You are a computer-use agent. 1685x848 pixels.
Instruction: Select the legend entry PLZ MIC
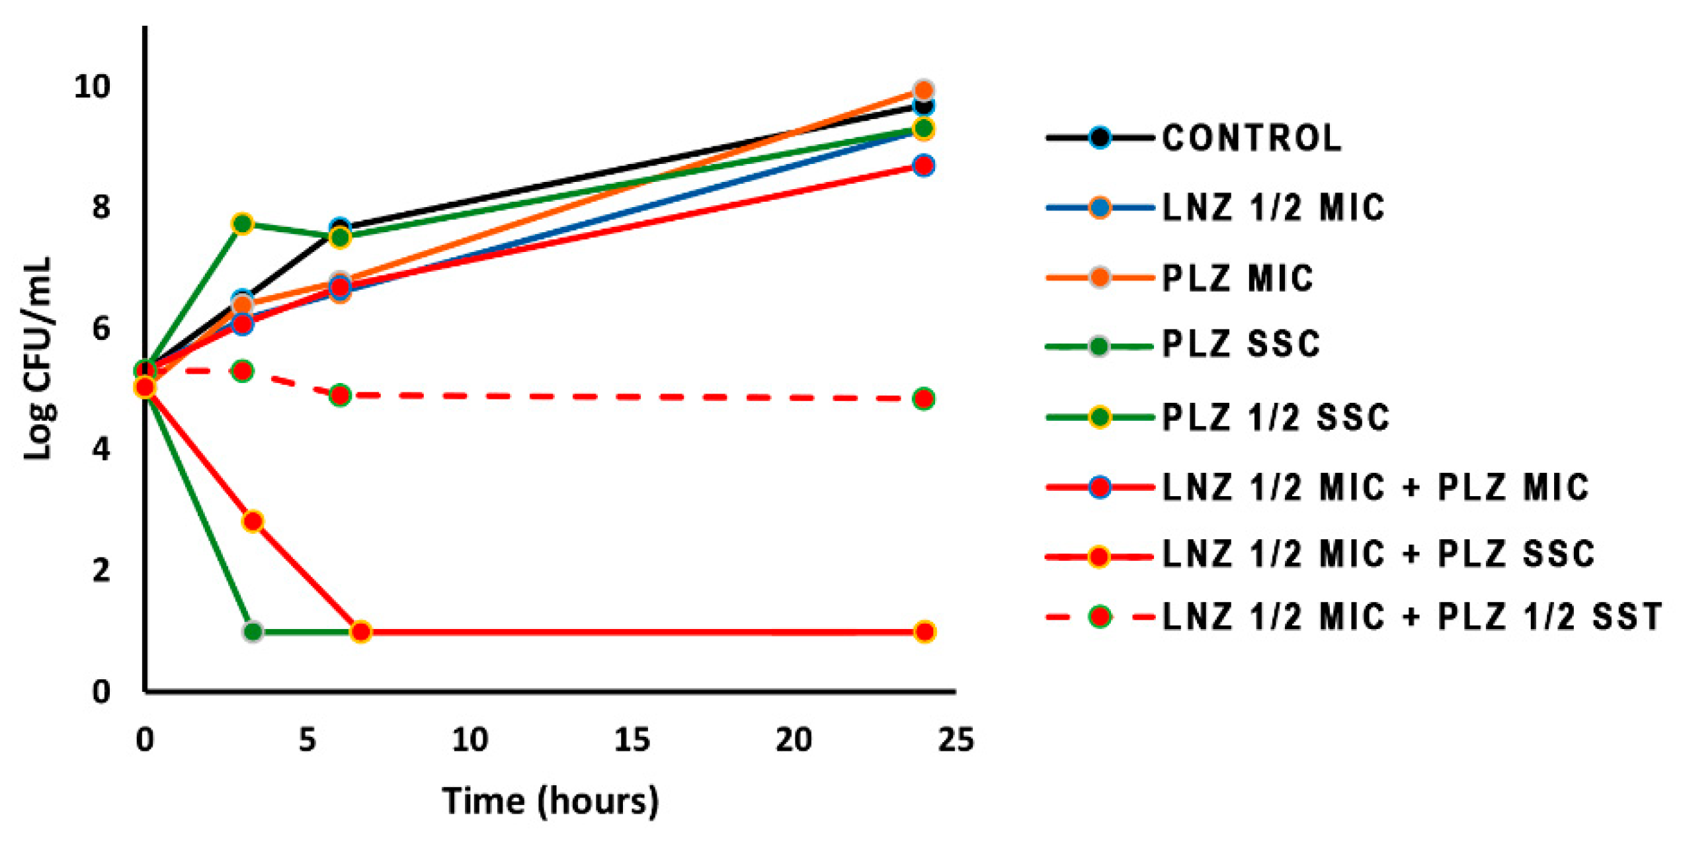point(1237,278)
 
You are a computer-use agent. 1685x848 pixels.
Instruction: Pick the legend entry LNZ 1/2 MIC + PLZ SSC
point(1378,554)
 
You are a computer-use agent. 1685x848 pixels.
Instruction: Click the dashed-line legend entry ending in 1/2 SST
point(1411,616)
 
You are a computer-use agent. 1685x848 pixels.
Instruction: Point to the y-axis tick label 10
point(92,87)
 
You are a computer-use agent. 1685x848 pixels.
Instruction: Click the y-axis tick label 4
point(101,449)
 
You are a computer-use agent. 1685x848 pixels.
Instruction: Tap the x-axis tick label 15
point(632,740)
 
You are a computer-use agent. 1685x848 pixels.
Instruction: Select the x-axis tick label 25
point(956,740)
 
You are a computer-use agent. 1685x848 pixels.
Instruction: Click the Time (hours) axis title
point(550,801)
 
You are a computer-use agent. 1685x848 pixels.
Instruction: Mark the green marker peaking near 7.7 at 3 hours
point(243,224)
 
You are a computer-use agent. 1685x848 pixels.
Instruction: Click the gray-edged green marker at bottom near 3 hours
point(253,632)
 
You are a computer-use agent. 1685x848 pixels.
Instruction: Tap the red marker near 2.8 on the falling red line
point(253,521)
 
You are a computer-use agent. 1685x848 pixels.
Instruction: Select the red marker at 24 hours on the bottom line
point(925,632)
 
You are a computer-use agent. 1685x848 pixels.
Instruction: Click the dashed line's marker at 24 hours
point(923,399)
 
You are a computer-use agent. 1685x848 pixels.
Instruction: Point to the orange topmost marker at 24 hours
point(924,90)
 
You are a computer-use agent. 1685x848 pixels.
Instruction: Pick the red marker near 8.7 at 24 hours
point(924,165)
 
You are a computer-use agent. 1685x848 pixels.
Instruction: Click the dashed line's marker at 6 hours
point(340,396)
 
